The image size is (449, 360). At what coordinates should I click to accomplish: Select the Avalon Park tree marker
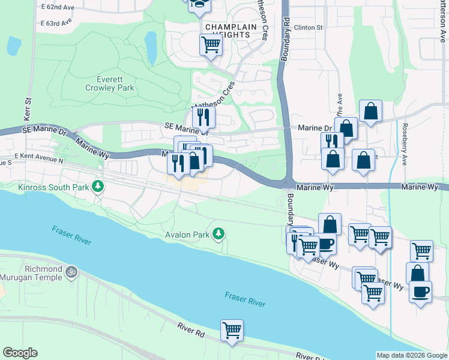219,233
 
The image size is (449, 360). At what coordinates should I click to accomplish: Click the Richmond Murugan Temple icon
71,272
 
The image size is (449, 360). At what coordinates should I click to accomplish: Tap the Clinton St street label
309,28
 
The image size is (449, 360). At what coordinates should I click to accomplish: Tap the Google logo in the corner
20,352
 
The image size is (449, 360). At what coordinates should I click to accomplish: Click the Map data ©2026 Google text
411,355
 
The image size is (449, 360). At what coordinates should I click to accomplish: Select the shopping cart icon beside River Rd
232,330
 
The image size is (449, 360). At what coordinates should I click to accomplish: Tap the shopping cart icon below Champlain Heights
211,44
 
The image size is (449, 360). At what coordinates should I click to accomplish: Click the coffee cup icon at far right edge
420,292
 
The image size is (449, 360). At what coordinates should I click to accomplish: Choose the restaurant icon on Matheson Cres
203,116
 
